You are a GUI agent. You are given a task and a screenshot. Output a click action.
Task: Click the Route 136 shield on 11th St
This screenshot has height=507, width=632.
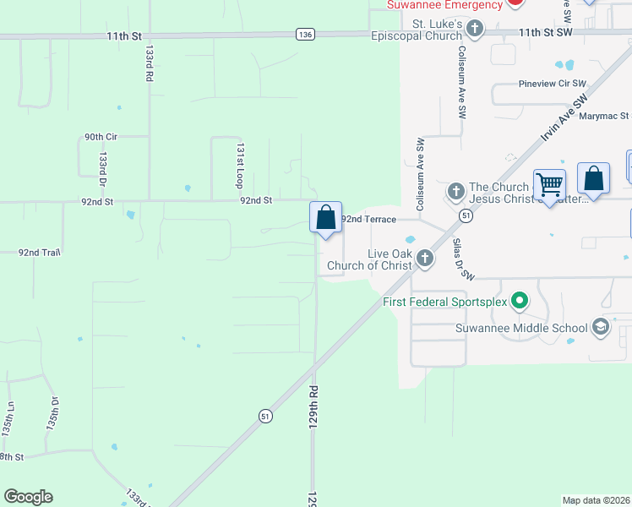[305, 34]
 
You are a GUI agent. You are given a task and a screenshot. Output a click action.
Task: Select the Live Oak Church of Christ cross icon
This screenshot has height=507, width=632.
[424, 259]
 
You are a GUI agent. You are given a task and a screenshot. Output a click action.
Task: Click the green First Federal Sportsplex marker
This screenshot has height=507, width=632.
[520, 301]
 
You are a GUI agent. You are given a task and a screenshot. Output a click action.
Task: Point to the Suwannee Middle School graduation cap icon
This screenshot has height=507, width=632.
[600, 328]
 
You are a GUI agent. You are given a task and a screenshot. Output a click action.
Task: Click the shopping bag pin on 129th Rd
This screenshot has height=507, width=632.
[325, 218]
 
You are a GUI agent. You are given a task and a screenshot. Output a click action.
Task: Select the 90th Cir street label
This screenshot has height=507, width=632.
[100, 137]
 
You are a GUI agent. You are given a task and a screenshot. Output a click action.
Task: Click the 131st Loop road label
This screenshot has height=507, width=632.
[240, 165]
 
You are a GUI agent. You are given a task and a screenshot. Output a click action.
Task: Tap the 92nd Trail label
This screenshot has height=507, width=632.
[41, 252]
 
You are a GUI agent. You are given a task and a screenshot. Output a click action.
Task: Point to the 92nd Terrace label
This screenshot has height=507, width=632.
[368, 219]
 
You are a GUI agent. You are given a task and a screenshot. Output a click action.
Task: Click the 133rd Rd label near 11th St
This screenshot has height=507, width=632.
[148, 63]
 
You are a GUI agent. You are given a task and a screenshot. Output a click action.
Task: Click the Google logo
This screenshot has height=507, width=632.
[28, 497]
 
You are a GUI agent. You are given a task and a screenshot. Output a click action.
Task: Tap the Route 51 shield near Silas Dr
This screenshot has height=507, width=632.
[466, 216]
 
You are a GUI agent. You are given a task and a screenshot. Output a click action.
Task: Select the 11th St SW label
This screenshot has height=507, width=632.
[546, 31]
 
